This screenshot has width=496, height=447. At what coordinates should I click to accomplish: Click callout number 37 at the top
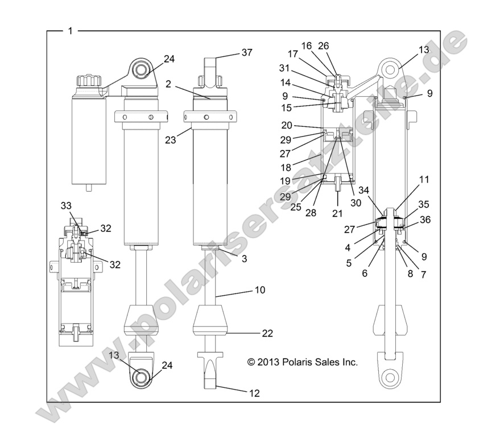click(246, 52)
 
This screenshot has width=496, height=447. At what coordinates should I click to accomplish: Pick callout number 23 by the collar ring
click(170, 136)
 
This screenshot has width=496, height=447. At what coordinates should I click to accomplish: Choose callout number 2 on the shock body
click(169, 84)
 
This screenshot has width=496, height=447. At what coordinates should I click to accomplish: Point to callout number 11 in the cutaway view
click(424, 179)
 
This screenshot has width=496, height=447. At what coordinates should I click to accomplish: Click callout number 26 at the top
click(323, 46)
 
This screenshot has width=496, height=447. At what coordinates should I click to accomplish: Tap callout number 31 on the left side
click(284, 67)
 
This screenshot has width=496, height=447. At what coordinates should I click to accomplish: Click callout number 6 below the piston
click(365, 273)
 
